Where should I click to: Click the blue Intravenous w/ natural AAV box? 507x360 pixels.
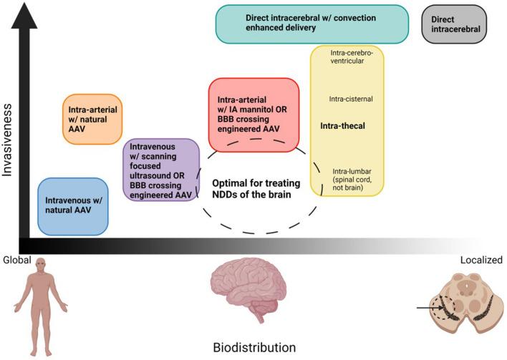pos(72,206)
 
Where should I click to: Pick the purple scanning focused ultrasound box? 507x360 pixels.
pos(161,171)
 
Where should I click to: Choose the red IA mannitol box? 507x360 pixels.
pos(253,110)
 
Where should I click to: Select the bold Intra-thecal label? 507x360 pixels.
pos(344,126)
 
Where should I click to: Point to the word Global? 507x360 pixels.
pos(16,260)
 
